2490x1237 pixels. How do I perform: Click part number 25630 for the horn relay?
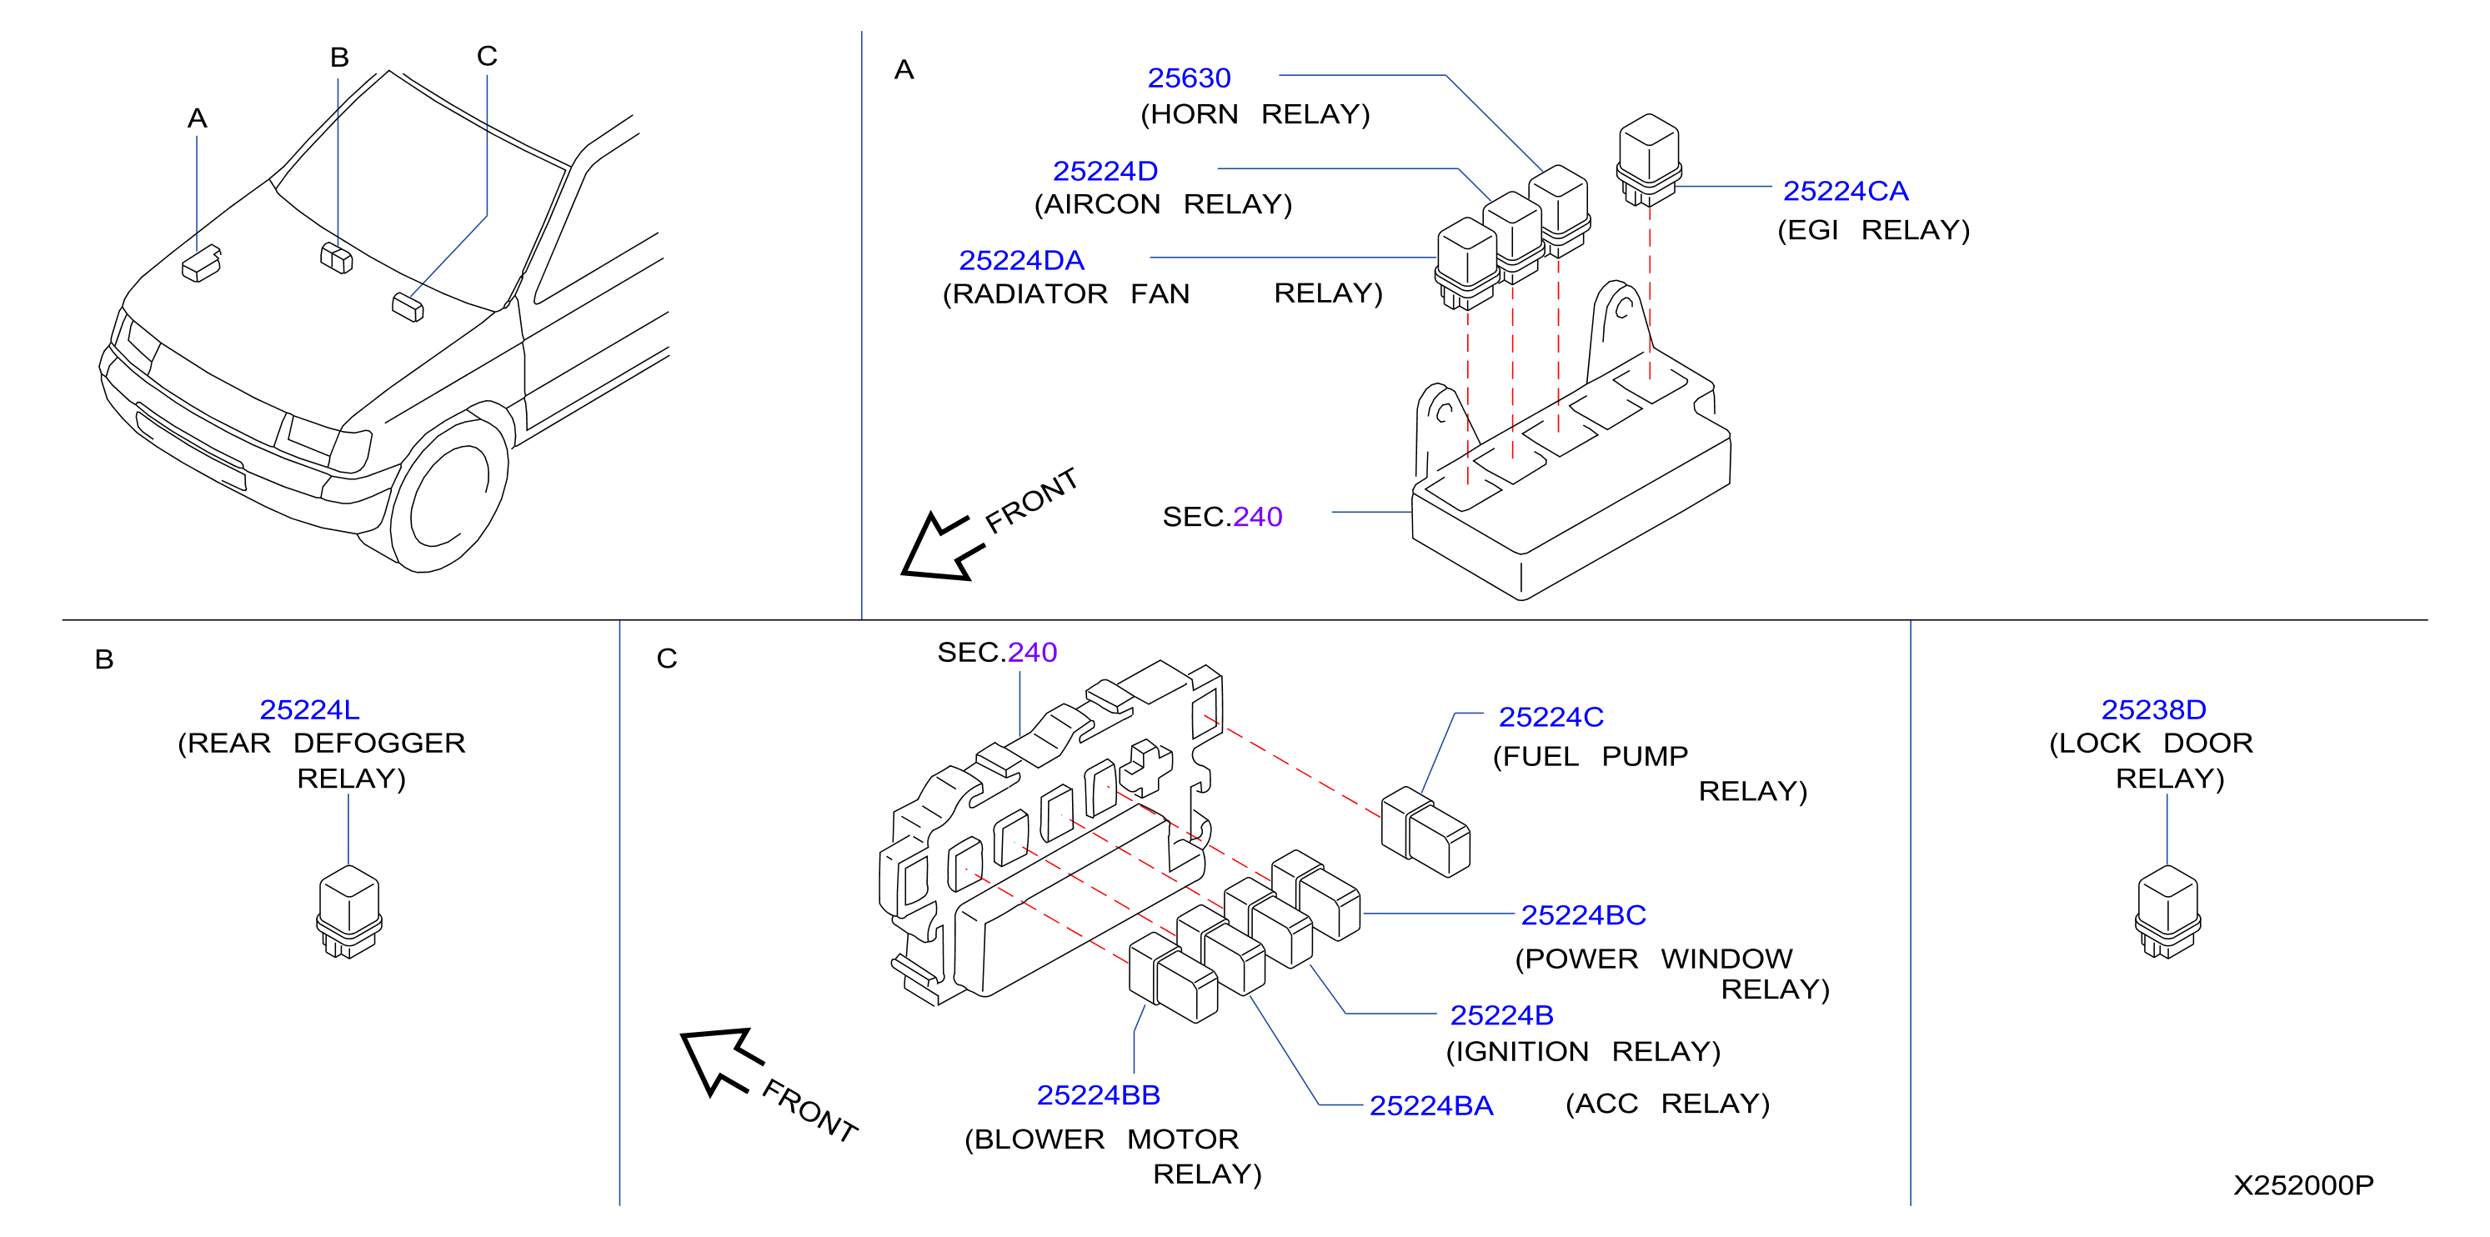coord(1188,78)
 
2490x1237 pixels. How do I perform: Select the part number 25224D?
coord(1105,171)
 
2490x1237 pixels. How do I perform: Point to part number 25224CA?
coord(1846,192)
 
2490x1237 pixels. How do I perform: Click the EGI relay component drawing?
coord(1649,159)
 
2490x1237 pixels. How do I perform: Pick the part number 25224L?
coord(309,710)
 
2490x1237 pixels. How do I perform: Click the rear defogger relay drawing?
coord(349,911)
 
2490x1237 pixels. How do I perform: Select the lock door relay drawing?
coord(2167,911)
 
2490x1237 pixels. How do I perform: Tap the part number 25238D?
coord(2153,710)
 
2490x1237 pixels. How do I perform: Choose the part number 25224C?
coord(1551,717)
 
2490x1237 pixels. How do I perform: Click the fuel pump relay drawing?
coord(1425,832)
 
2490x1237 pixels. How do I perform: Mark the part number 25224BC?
coord(1583,915)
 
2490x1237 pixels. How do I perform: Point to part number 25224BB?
coord(1098,1096)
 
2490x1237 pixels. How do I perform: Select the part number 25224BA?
coord(1431,1106)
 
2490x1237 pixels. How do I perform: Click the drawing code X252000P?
coord(2303,1186)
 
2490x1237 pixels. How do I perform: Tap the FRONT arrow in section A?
coord(943,547)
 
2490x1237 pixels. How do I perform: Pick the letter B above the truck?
coord(339,58)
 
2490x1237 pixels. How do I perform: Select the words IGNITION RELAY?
coord(1583,1051)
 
